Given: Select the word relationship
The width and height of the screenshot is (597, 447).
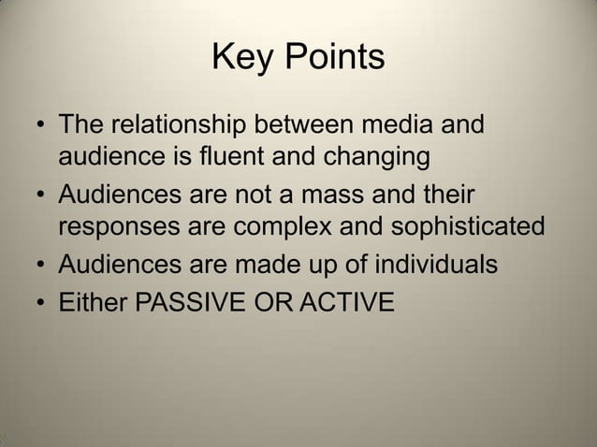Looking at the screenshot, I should tap(182, 123).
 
